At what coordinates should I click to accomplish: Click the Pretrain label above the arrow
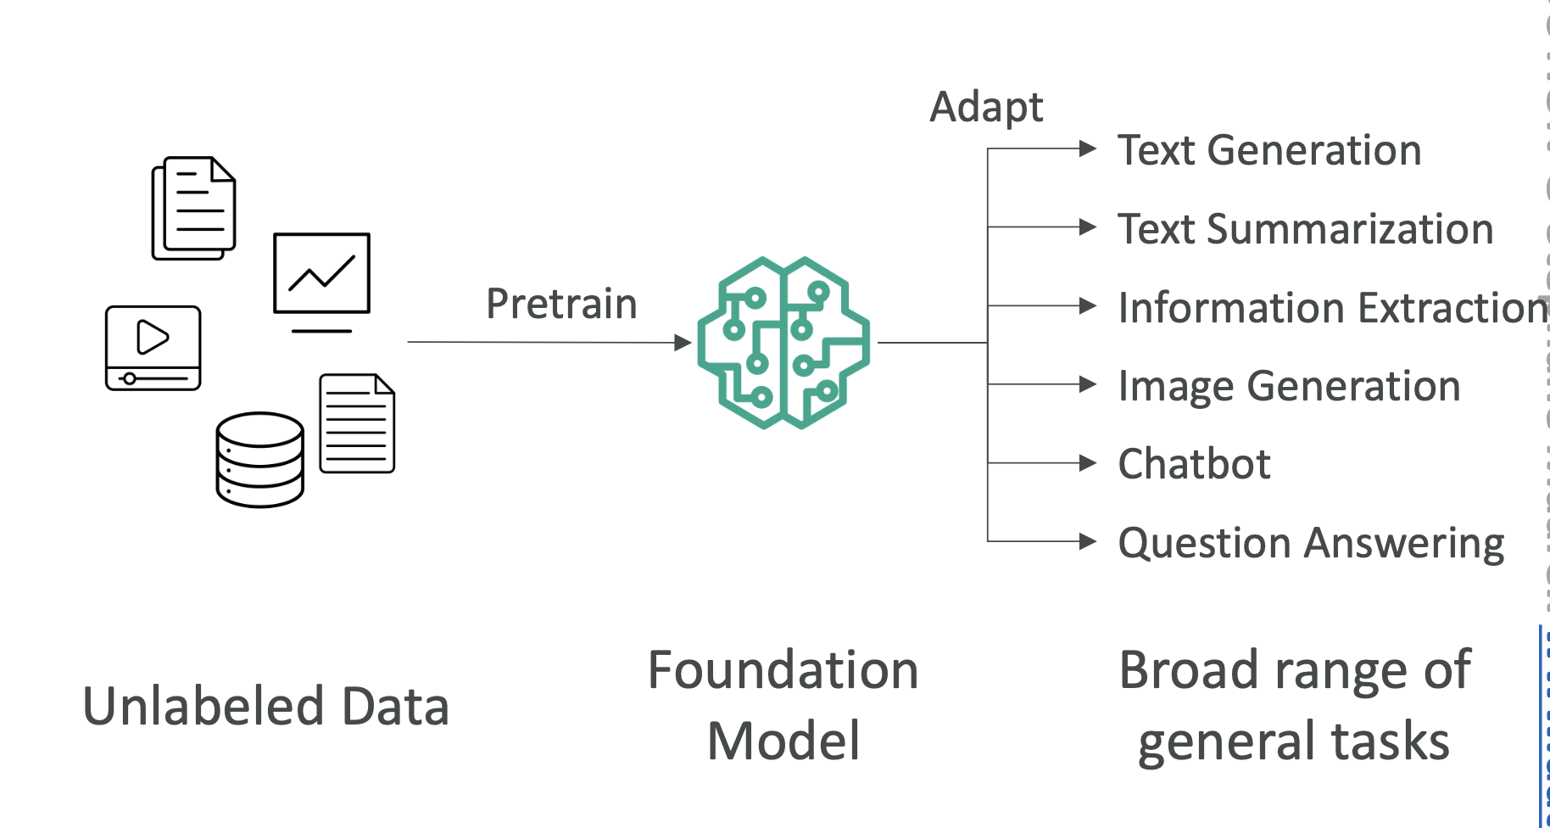click(561, 304)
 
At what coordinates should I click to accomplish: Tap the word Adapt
click(986, 108)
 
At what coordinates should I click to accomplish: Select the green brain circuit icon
click(783, 343)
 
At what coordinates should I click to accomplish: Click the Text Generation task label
click(1269, 150)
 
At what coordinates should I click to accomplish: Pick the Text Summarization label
click(1305, 229)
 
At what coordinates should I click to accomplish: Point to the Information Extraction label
click(1332, 307)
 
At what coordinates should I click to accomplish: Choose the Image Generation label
click(1289, 386)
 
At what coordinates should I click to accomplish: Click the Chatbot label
click(1194, 464)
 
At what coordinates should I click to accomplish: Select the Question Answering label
click(1311, 543)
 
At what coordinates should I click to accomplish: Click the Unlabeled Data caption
click(265, 706)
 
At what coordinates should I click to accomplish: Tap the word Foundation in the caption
click(783, 670)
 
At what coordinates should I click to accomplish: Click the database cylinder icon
click(259, 460)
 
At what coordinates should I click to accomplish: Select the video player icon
click(153, 348)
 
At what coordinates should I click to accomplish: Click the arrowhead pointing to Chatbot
click(1088, 463)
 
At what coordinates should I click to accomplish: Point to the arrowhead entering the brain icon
click(683, 343)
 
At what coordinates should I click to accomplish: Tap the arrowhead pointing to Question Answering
click(1088, 541)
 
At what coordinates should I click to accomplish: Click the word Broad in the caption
click(1190, 670)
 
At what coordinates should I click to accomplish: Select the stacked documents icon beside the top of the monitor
click(193, 208)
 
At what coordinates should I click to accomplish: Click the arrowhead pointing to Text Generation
click(1088, 149)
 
